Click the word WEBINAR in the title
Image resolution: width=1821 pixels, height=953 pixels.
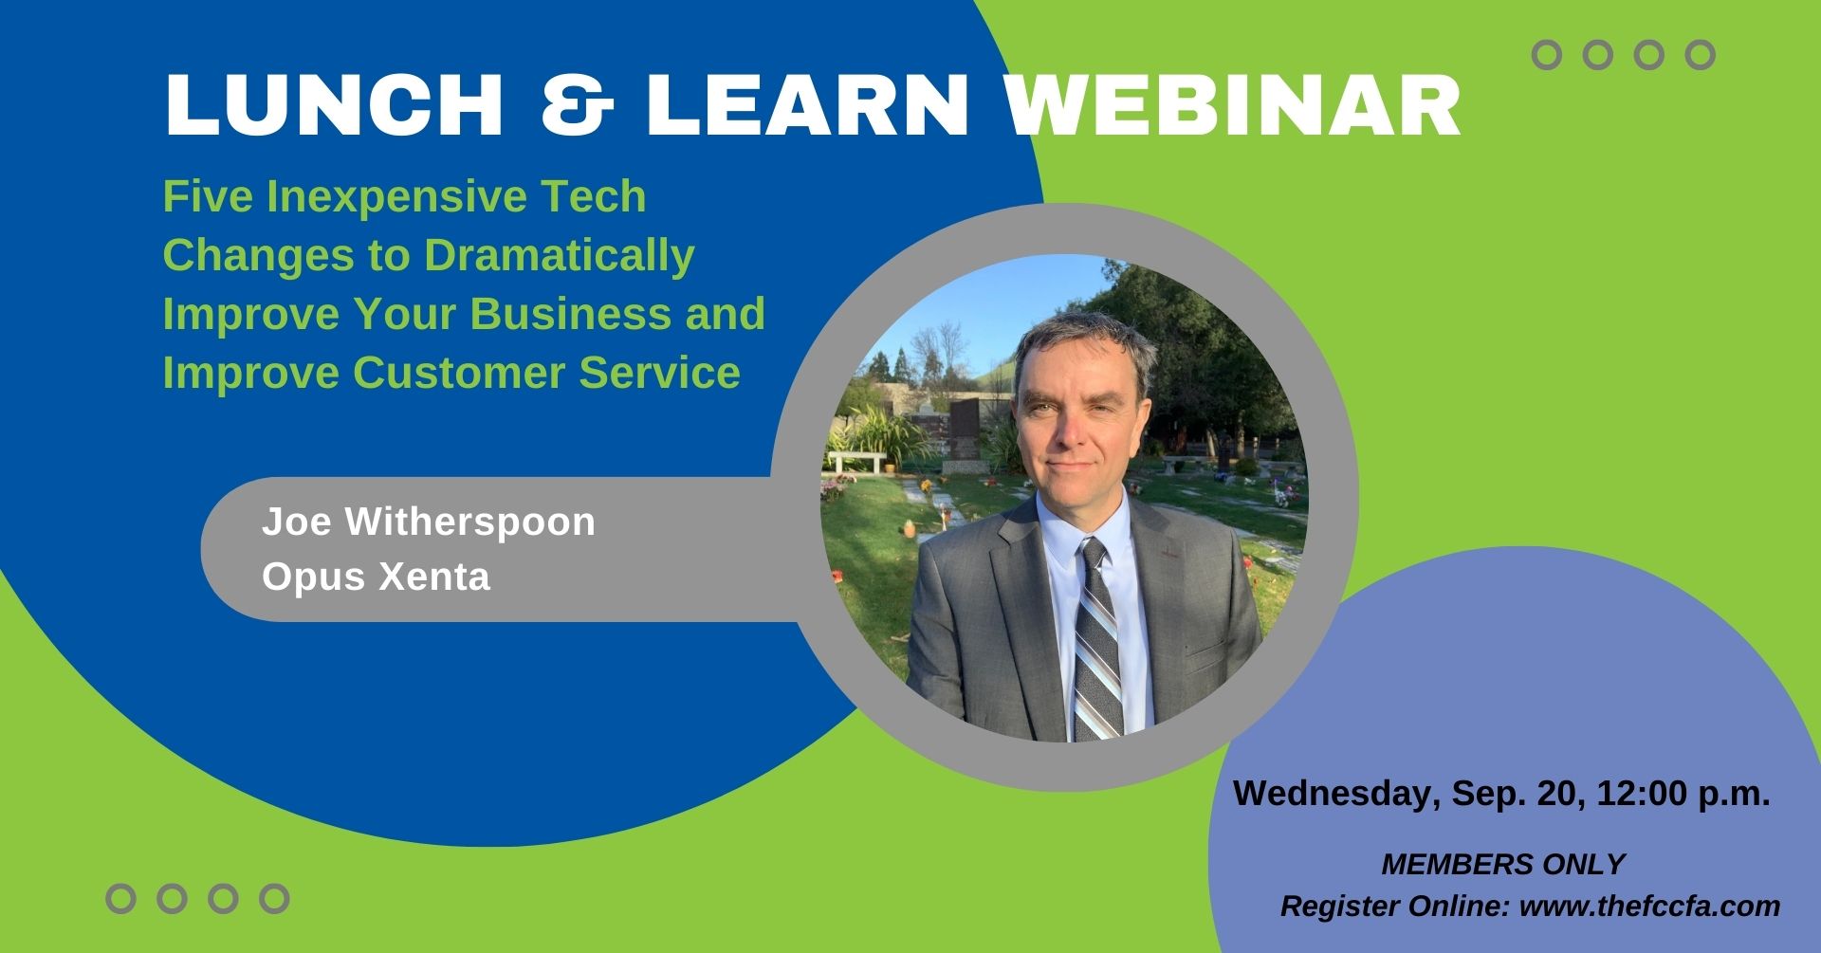pos(1233,104)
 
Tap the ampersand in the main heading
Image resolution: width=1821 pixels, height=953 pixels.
pos(577,104)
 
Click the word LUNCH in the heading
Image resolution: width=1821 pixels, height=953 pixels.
pos(334,104)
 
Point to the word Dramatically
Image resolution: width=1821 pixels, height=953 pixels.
pos(560,256)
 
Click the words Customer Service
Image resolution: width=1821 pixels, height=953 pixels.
pos(546,373)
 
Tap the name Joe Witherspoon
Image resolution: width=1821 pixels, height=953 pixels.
pos(429,522)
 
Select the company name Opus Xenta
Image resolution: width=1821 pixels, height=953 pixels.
pos(377,577)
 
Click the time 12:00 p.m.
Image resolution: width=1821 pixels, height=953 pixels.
pos(1683,794)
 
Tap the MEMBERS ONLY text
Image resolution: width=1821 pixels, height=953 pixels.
pos(1503,865)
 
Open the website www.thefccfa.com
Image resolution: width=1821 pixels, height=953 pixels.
pos(1649,907)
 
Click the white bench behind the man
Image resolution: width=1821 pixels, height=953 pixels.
pos(857,462)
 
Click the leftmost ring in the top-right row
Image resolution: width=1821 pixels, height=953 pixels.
pos(1547,55)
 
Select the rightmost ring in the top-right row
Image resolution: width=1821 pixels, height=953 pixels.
pos(1701,55)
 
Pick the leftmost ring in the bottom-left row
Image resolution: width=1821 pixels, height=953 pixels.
pos(120,898)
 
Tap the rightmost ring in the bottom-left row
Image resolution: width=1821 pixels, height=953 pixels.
pos(274,898)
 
